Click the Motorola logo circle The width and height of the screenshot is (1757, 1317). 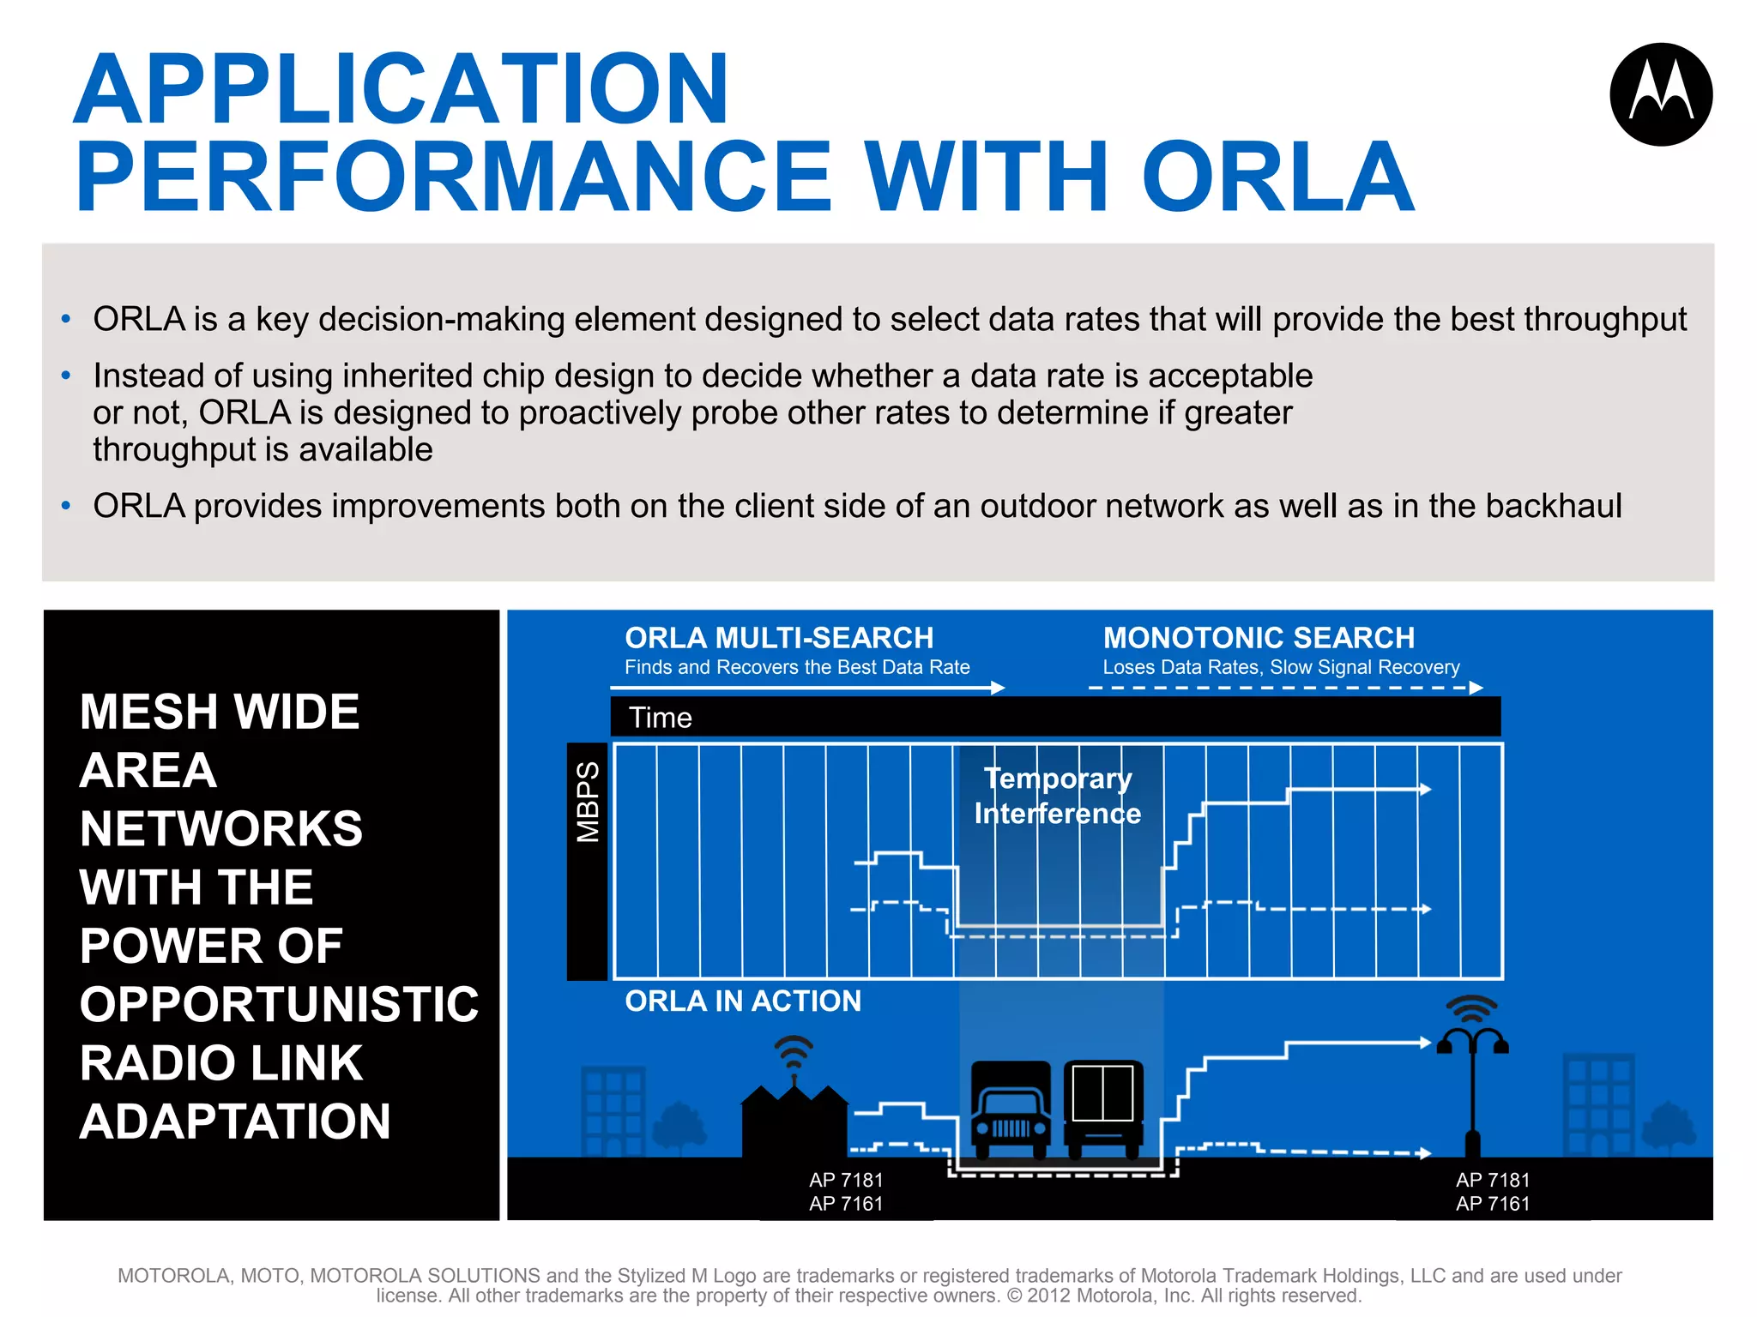point(1661,94)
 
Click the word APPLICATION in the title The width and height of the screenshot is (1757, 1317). point(402,89)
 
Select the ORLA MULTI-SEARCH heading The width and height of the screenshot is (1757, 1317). point(778,638)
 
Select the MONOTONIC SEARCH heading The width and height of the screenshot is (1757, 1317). point(1258,638)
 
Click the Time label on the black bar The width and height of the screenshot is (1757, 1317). point(660,718)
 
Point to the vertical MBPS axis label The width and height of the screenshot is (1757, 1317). point(588,803)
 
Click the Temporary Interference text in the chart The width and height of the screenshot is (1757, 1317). point(1057,796)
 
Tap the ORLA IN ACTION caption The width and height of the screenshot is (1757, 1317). point(742,1001)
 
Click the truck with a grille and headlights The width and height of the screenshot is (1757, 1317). point(1011,1110)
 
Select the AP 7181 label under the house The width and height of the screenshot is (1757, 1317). point(845,1181)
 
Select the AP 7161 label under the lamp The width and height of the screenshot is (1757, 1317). point(1492,1204)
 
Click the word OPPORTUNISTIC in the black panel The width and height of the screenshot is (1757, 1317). point(279,1004)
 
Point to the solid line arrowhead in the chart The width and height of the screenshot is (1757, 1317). point(1425,789)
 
